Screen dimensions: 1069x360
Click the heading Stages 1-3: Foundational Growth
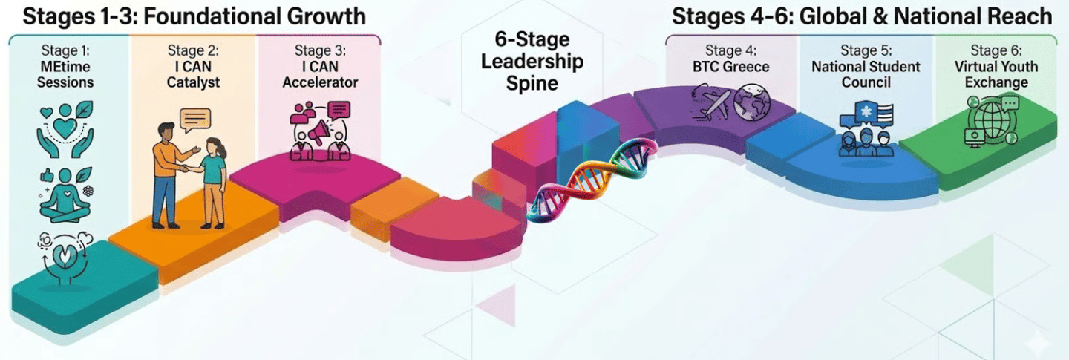(194, 16)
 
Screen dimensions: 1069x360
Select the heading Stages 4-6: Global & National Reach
(862, 16)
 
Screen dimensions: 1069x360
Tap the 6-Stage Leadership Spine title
(532, 61)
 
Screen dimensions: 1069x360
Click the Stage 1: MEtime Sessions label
(65, 67)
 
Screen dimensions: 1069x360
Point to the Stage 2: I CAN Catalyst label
(194, 67)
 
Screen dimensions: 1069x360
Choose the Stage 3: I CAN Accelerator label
(320, 67)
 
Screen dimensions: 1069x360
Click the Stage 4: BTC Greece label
(731, 59)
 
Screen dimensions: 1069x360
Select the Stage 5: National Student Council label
(866, 67)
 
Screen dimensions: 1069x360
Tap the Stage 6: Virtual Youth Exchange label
(996, 67)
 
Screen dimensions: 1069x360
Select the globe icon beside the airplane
(751, 104)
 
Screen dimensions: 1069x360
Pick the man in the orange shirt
(169, 174)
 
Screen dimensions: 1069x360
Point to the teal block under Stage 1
(82, 293)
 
